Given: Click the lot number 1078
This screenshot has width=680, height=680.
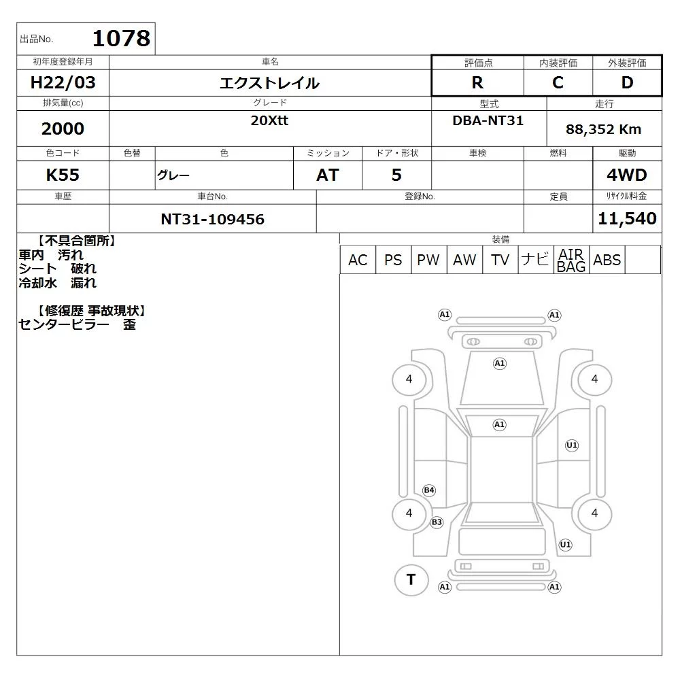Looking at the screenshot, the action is point(122,38).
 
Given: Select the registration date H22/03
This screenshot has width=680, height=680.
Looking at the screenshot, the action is point(63,82).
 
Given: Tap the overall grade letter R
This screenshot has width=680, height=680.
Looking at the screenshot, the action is point(477,82).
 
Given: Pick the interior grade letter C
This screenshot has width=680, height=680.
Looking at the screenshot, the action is point(558,82).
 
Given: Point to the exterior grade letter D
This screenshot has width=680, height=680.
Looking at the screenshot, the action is point(627,82).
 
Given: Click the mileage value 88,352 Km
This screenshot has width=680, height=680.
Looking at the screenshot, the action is point(603,129).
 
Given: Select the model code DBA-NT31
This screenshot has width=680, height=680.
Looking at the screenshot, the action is point(488,120).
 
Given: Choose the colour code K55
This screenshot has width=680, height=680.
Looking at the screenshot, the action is point(63,175).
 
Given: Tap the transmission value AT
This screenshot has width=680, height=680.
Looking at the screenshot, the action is point(328,175).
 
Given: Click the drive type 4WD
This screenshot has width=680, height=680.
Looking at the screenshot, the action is point(627,175).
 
